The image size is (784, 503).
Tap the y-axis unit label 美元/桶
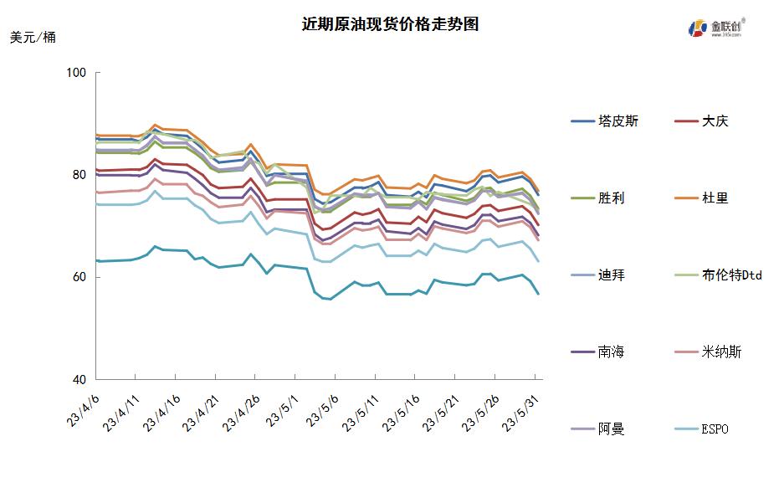coord(33,38)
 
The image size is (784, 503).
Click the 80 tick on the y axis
coord(79,176)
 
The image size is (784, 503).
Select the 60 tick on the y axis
coord(79,278)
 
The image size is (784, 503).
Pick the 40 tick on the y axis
coord(79,380)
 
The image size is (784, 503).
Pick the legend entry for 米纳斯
coord(721,352)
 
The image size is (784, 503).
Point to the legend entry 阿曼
coord(611,429)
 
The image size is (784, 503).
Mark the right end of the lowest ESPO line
coord(538,294)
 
